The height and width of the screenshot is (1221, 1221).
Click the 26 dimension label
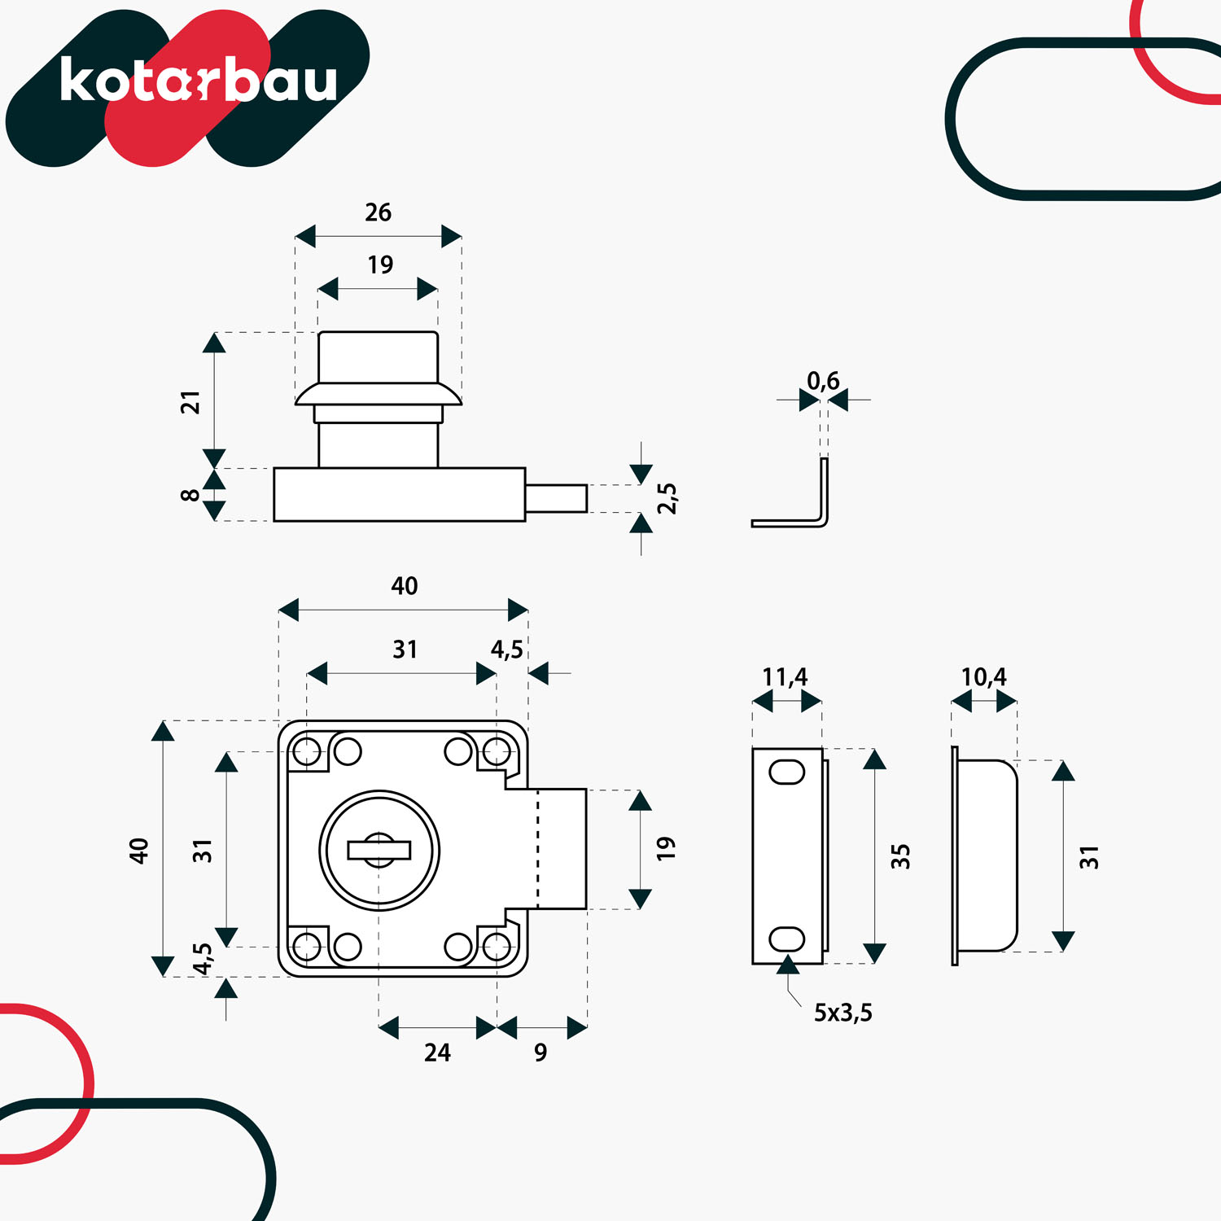point(379,212)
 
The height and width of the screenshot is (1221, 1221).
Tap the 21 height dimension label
point(190,402)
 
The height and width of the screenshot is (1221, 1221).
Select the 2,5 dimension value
point(667,498)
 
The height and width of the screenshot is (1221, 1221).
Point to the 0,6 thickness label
point(823,381)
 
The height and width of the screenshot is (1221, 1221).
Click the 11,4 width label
point(785,677)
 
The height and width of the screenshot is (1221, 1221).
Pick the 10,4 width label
point(983,677)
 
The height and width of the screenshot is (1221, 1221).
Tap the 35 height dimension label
point(900,856)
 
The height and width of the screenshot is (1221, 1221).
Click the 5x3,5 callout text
point(843,1013)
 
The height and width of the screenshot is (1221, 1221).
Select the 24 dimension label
point(437,1053)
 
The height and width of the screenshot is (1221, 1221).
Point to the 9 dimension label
point(540,1053)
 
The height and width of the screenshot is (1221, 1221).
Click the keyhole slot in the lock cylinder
point(379,850)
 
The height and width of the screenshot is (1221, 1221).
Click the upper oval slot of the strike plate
point(787,772)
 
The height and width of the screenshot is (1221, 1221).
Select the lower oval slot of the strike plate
point(787,939)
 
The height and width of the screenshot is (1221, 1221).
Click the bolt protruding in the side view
point(556,498)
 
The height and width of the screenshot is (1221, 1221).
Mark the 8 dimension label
point(190,495)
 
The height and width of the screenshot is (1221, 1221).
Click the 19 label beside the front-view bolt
point(666,848)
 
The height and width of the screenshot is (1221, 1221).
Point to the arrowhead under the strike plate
point(787,965)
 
